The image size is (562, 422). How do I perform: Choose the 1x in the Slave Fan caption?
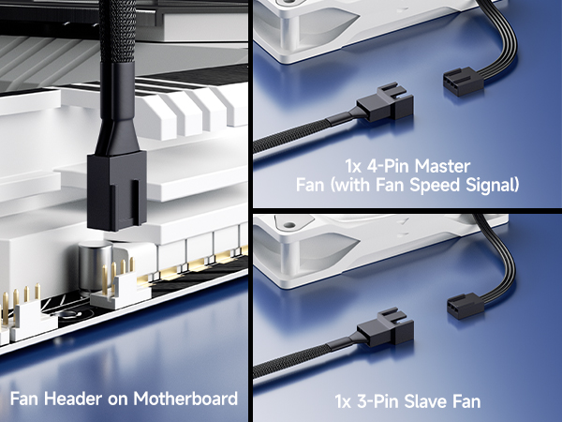pos(344,402)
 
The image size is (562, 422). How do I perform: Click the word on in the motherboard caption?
pos(116,398)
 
